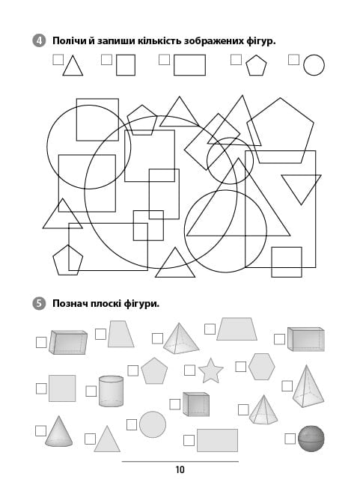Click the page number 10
[x=180, y=469]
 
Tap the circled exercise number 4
[x=39, y=41]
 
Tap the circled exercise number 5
[x=39, y=303]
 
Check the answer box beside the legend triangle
[x=58, y=59]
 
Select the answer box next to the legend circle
[x=293, y=59]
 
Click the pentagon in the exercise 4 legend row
[x=257, y=65]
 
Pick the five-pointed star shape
[x=210, y=370]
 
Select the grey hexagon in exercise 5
[x=262, y=367]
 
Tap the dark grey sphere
[x=311, y=439]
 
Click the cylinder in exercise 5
[x=111, y=391]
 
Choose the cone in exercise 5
[x=59, y=431]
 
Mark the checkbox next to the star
[x=190, y=370]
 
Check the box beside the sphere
[x=290, y=439]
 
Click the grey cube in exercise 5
[x=196, y=404]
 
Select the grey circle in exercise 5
[x=153, y=424]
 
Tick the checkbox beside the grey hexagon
[x=240, y=367]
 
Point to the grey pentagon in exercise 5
[x=154, y=371]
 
